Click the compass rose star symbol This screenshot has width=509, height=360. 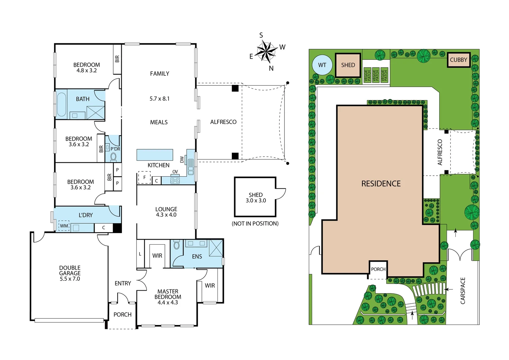pos(266,52)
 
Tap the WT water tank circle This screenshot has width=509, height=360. pos(322,65)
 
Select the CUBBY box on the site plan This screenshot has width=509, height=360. pos(458,60)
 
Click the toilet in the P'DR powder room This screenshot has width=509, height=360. pos(113,156)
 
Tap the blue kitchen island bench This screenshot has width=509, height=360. pos(155,155)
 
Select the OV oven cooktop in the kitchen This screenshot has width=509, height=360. pos(175,180)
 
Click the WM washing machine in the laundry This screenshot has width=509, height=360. pos(64,226)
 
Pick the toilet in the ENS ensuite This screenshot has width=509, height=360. pos(177,245)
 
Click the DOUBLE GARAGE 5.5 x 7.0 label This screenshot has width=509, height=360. pos(70,273)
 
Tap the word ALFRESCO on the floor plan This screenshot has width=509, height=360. pos(223,122)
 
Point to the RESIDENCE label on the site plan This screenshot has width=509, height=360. pos(381,184)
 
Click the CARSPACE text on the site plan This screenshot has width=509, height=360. pos(463,291)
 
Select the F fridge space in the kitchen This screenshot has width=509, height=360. pos(144,177)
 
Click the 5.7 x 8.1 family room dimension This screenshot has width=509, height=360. pos(160,99)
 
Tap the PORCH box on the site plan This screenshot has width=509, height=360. pos(378,269)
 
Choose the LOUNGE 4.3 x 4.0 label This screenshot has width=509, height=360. pos(166,212)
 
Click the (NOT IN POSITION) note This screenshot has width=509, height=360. pos(255,223)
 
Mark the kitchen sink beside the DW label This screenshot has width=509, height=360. pos(191,166)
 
